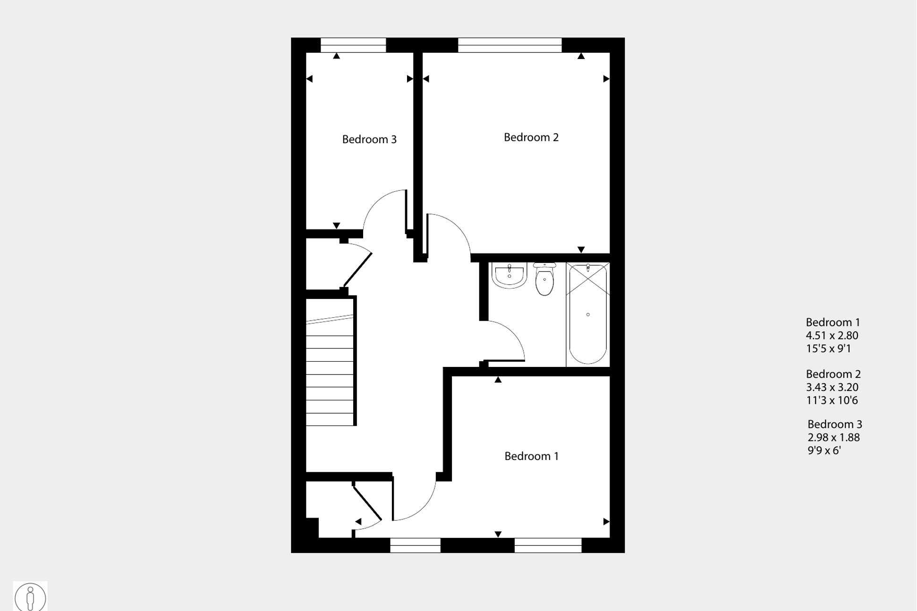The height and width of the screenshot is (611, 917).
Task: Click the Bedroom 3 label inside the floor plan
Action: [369, 139]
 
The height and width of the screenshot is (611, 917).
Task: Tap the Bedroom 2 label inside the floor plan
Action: [531, 137]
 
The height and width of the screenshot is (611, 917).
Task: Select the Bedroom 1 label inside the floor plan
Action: [531, 456]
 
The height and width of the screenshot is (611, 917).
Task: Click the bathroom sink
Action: [509, 275]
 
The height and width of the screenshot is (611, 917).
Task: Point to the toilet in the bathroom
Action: [544, 279]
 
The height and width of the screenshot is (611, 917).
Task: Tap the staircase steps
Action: [330, 370]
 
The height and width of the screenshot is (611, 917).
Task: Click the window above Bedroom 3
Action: [353, 45]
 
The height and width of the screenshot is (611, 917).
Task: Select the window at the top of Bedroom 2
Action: [509, 45]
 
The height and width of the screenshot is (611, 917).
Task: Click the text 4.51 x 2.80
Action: [832, 336]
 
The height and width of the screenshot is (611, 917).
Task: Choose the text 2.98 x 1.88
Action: [833, 437]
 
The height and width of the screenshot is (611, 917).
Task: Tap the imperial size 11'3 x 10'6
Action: [832, 400]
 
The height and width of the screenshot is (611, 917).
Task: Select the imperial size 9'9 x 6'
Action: [824, 450]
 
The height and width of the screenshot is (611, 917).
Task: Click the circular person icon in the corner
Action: [30, 597]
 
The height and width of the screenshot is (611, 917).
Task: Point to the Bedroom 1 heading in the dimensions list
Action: [833, 322]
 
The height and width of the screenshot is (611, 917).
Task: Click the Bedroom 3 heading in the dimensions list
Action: [835, 424]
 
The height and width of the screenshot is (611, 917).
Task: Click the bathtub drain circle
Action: [588, 314]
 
